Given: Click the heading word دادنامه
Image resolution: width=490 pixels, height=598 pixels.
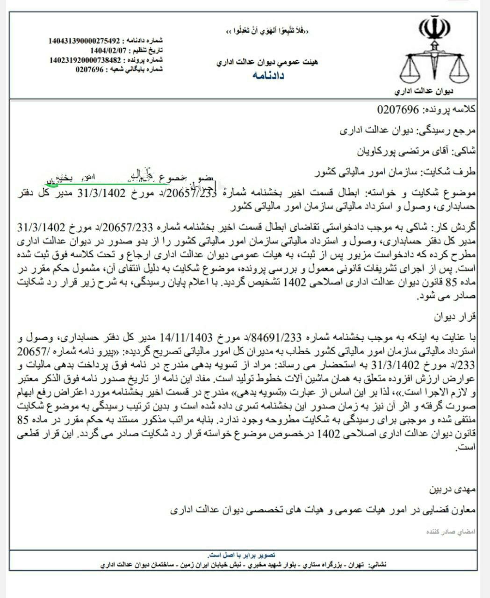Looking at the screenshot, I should point(268,75).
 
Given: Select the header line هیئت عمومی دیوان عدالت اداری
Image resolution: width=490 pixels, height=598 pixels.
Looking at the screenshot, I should point(267,62).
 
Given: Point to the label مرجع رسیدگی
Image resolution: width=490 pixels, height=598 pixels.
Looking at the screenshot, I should point(455,130).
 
